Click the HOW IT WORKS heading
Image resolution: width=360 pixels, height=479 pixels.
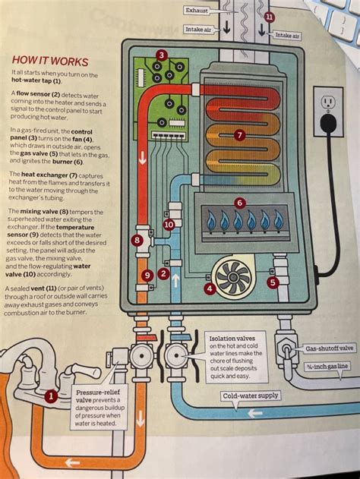(49, 61)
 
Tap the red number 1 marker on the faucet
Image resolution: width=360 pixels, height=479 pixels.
(50, 395)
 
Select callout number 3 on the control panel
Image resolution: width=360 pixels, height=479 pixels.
(162, 55)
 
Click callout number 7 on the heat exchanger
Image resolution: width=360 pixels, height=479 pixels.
(239, 135)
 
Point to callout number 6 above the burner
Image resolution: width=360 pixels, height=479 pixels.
(239, 203)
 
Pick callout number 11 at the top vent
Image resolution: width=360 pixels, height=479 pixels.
(270, 17)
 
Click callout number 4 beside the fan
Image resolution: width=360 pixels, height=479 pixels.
(210, 288)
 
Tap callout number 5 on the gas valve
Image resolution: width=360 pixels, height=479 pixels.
(273, 282)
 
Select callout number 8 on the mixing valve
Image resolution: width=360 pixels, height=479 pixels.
(137, 241)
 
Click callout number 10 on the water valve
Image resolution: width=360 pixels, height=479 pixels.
(169, 224)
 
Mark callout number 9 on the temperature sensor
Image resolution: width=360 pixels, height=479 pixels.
(147, 275)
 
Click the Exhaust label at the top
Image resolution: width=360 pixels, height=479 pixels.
(197, 11)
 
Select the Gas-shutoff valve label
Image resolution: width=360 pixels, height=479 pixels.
(330, 348)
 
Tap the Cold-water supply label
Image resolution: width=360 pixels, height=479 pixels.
(250, 395)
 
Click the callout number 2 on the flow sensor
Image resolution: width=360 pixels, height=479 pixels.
(163, 273)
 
